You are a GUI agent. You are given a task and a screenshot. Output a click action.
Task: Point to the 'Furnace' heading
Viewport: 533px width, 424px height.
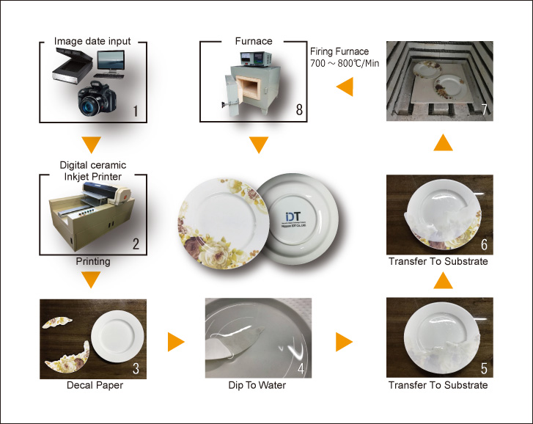pos(253,41)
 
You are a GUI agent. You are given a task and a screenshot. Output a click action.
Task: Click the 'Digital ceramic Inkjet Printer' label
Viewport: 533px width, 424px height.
pos(92,172)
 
